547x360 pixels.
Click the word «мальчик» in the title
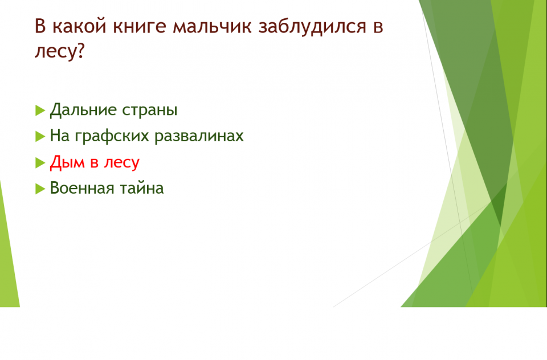click(x=212, y=27)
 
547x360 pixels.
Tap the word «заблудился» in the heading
click(x=312, y=27)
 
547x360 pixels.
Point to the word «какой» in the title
click(x=79, y=27)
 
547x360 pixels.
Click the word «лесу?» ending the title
click(x=60, y=51)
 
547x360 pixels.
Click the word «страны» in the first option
click(x=150, y=111)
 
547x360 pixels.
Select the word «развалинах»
click(x=199, y=136)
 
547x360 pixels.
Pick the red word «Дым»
click(x=67, y=162)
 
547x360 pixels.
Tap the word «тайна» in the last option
click(x=142, y=189)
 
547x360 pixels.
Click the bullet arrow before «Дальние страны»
click(x=40, y=111)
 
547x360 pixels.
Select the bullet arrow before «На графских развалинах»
click(x=40, y=136)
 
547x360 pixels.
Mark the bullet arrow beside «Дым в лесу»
click(x=40, y=163)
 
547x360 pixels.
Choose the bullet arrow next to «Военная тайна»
click(x=40, y=189)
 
